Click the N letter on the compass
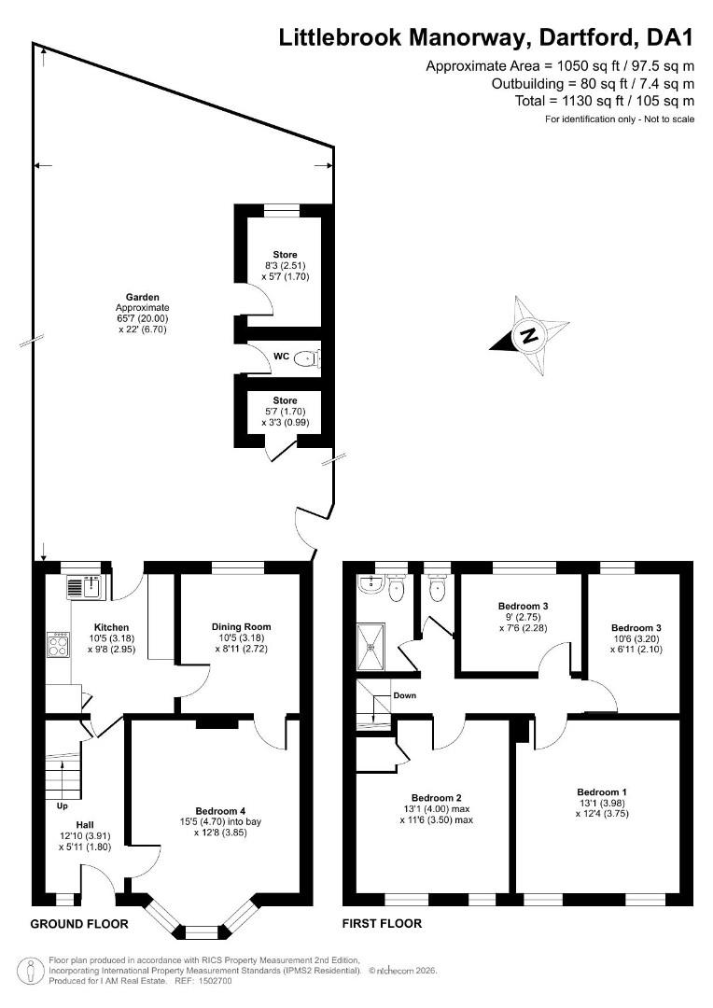point(528,335)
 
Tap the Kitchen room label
point(111,627)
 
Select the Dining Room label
point(241,627)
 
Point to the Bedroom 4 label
point(220,811)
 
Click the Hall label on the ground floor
point(85,825)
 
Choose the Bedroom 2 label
point(437,798)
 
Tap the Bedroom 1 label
point(602,792)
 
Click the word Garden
point(142,297)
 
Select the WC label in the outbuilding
point(281,357)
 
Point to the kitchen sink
point(84,588)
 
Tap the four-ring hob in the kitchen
point(58,645)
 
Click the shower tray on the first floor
point(370,647)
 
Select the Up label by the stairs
point(63,805)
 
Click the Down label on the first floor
point(404,695)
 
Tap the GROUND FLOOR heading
point(79,924)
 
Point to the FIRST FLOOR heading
point(382,924)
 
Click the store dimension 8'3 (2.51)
point(285,265)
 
